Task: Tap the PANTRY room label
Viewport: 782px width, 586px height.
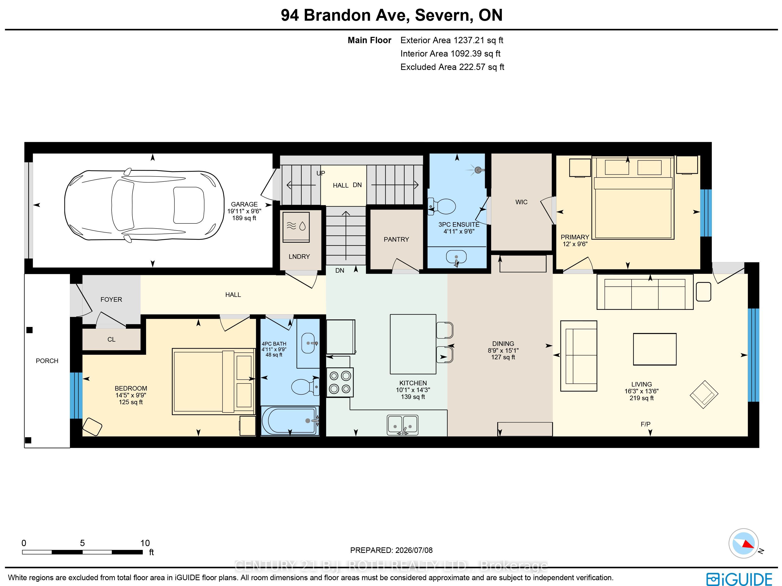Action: pyautogui.click(x=396, y=239)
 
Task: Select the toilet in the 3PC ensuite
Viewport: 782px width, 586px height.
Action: pyautogui.click(x=442, y=206)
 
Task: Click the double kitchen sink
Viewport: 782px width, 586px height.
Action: pyautogui.click(x=403, y=425)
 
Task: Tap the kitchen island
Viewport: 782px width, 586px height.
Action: pyautogui.click(x=413, y=344)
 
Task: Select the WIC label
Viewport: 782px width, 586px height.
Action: pyautogui.click(x=521, y=202)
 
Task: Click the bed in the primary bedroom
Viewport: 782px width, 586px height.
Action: pyautogui.click(x=633, y=198)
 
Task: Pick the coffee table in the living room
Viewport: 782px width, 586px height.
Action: pyautogui.click(x=655, y=349)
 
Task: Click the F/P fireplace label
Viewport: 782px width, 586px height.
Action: pyautogui.click(x=645, y=424)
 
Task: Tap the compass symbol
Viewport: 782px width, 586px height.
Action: pyautogui.click(x=743, y=543)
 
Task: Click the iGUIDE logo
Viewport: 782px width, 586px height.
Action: pyautogui.click(x=739, y=579)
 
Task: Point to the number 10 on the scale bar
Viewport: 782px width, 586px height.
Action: pyautogui.click(x=145, y=543)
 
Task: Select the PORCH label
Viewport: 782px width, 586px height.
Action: pyautogui.click(x=47, y=361)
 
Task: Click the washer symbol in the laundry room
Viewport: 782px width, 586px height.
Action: pyautogui.click(x=296, y=227)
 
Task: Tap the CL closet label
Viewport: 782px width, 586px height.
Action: pyautogui.click(x=111, y=340)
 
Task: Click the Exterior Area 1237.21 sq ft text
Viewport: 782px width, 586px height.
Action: pyautogui.click(x=452, y=40)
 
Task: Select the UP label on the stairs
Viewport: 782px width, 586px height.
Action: pyautogui.click(x=321, y=173)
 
